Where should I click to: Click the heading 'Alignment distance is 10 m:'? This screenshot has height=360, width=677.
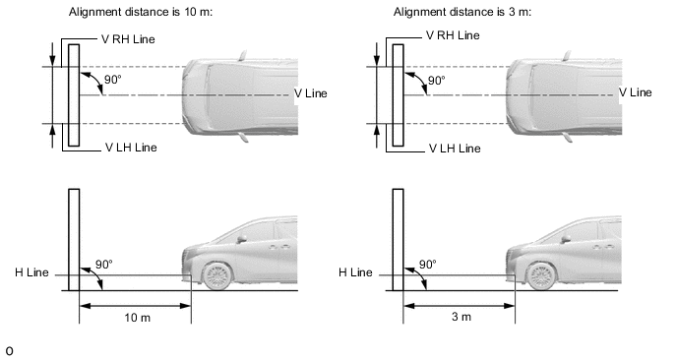(141, 12)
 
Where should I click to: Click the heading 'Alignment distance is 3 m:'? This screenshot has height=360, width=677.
(462, 12)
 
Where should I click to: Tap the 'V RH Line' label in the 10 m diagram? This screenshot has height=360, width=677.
(128, 39)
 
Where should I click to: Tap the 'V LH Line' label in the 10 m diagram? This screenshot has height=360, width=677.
(131, 148)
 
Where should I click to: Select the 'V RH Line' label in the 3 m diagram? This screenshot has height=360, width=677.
(453, 35)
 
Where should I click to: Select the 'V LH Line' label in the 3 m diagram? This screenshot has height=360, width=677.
(455, 149)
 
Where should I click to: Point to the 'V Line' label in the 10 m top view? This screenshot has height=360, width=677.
(311, 93)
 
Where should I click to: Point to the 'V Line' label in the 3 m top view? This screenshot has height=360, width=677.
(636, 92)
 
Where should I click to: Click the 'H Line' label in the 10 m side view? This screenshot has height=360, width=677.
(31, 272)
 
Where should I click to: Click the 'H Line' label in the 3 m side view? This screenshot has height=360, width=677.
(356, 272)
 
